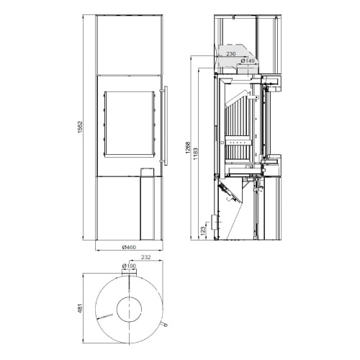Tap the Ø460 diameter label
click(129, 247)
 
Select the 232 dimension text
click(145, 257)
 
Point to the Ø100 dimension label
click(129, 266)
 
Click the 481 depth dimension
click(80, 310)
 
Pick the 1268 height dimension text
click(188, 148)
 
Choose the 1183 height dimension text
click(195, 154)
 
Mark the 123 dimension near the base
click(203, 230)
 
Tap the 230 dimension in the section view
click(231, 54)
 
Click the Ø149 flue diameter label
click(248, 60)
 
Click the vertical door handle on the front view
click(166, 126)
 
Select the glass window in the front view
click(129, 124)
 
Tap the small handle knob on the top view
click(164, 325)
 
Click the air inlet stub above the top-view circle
click(129, 272)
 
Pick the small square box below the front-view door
click(147, 172)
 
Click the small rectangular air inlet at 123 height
click(214, 222)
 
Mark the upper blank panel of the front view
click(130, 45)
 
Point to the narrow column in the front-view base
click(147, 208)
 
